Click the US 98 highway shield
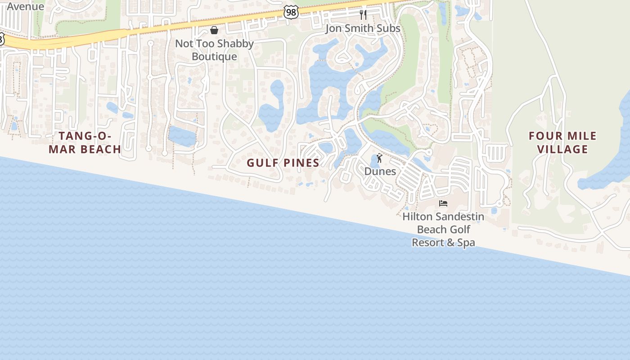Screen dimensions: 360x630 tap(291, 12)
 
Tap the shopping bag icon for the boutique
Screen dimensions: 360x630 tap(214, 30)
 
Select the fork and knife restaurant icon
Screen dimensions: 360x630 tap(363, 15)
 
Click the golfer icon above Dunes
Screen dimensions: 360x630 tap(379, 158)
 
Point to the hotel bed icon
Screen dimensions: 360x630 tap(443, 203)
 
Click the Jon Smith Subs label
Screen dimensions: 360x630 tap(363, 28)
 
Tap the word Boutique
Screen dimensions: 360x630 tap(214, 56)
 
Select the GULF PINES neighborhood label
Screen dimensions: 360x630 tap(283, 163)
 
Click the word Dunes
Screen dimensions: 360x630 tap(380, 171)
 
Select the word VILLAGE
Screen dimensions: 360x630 tap(563, 149)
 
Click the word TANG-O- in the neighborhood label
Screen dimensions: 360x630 tap(85, 136)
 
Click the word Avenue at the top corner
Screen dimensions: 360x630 tap(25, 6)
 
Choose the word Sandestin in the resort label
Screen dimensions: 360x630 tap(459, 216)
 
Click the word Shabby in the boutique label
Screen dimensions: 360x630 tap(235, 44)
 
